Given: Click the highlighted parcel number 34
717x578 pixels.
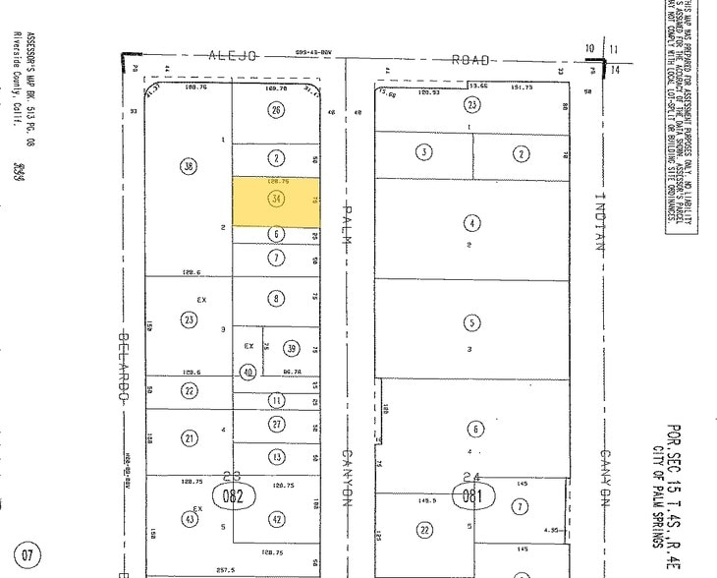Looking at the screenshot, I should click(277, 200).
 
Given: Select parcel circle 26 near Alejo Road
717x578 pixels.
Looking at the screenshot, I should click(277, 110).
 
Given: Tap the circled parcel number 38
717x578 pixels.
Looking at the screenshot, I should click(189, 167).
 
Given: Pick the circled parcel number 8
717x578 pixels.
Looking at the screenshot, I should click(277, 299).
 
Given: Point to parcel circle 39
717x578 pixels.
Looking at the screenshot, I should click(291, 348).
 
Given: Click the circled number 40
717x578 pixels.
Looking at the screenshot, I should click(248, 372).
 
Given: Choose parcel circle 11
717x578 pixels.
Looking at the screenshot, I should click(277, 400).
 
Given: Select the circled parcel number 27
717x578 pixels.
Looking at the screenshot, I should click(277, 424).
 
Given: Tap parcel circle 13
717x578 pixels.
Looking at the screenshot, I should click(277, 456).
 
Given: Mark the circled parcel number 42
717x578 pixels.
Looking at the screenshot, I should click(277, 519).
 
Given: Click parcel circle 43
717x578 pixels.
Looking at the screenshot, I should click(188, 519).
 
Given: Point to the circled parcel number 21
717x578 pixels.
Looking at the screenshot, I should click(189, 438).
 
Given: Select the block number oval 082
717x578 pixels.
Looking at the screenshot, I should click(233, 496).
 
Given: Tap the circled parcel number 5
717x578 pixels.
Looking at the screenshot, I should click(473, 321).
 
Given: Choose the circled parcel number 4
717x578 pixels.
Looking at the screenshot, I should click(473, 223).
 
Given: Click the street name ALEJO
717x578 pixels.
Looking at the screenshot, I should click(234, 57).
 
